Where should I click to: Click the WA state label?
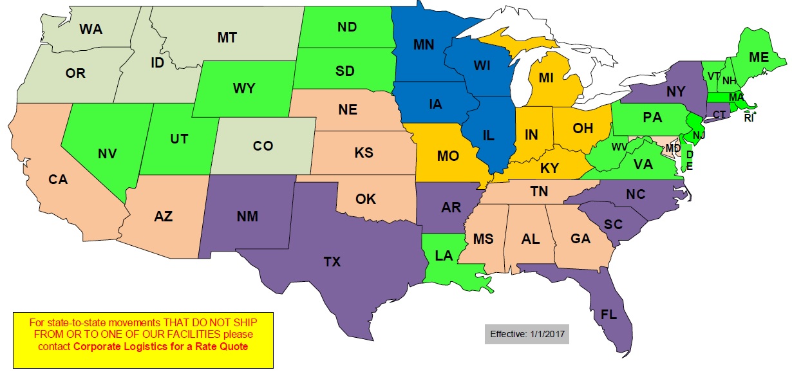click(91, 29)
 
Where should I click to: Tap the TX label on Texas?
click(332, 261)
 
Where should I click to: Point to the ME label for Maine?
click(759, 57)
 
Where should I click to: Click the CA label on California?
click(58, 180)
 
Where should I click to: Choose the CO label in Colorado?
click(263, 146)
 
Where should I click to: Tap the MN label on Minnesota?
click(423, 45)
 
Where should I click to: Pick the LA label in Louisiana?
click(444, 255)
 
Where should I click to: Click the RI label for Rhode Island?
click(748, 118)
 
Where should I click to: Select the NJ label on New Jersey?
click(699, 135)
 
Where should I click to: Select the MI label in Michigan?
click(546, 78)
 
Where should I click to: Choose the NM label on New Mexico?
click(247, 216)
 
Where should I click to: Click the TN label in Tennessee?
click(539, 191)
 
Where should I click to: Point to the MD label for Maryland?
click(673, 149)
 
